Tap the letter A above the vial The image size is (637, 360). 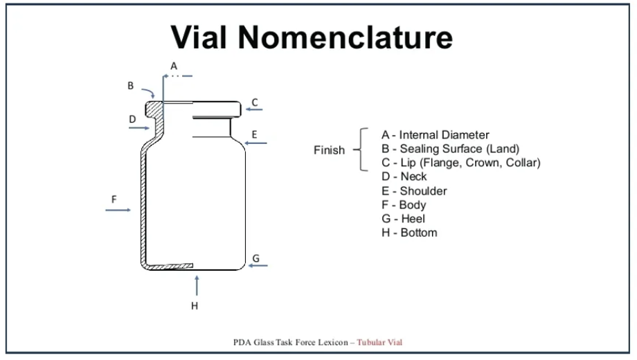(x=174, y=65)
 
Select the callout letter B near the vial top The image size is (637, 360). (x=130, y=86)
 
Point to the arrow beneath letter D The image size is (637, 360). (x=139, y=127)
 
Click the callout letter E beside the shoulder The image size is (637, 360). (x=254, y=134)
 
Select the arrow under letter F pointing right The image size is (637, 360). (x=118, y=210)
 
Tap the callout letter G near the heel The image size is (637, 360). (x=255, y=258)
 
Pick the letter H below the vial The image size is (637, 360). (x=195, y=305)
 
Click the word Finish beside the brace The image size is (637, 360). (x=329, y=150)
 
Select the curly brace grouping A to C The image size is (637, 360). (x=362, y=150)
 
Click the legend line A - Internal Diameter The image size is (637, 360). (x=435, y=135)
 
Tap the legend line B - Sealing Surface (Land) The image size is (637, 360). (x=450, y=149)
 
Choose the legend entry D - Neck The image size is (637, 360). (x=404, y=177)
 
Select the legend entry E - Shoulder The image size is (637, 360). (x=414, y=191)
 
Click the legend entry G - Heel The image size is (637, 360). (x=403, y=219)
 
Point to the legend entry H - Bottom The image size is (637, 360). (x=409, y=233)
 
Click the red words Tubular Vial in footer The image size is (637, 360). (x=379, y=342)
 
